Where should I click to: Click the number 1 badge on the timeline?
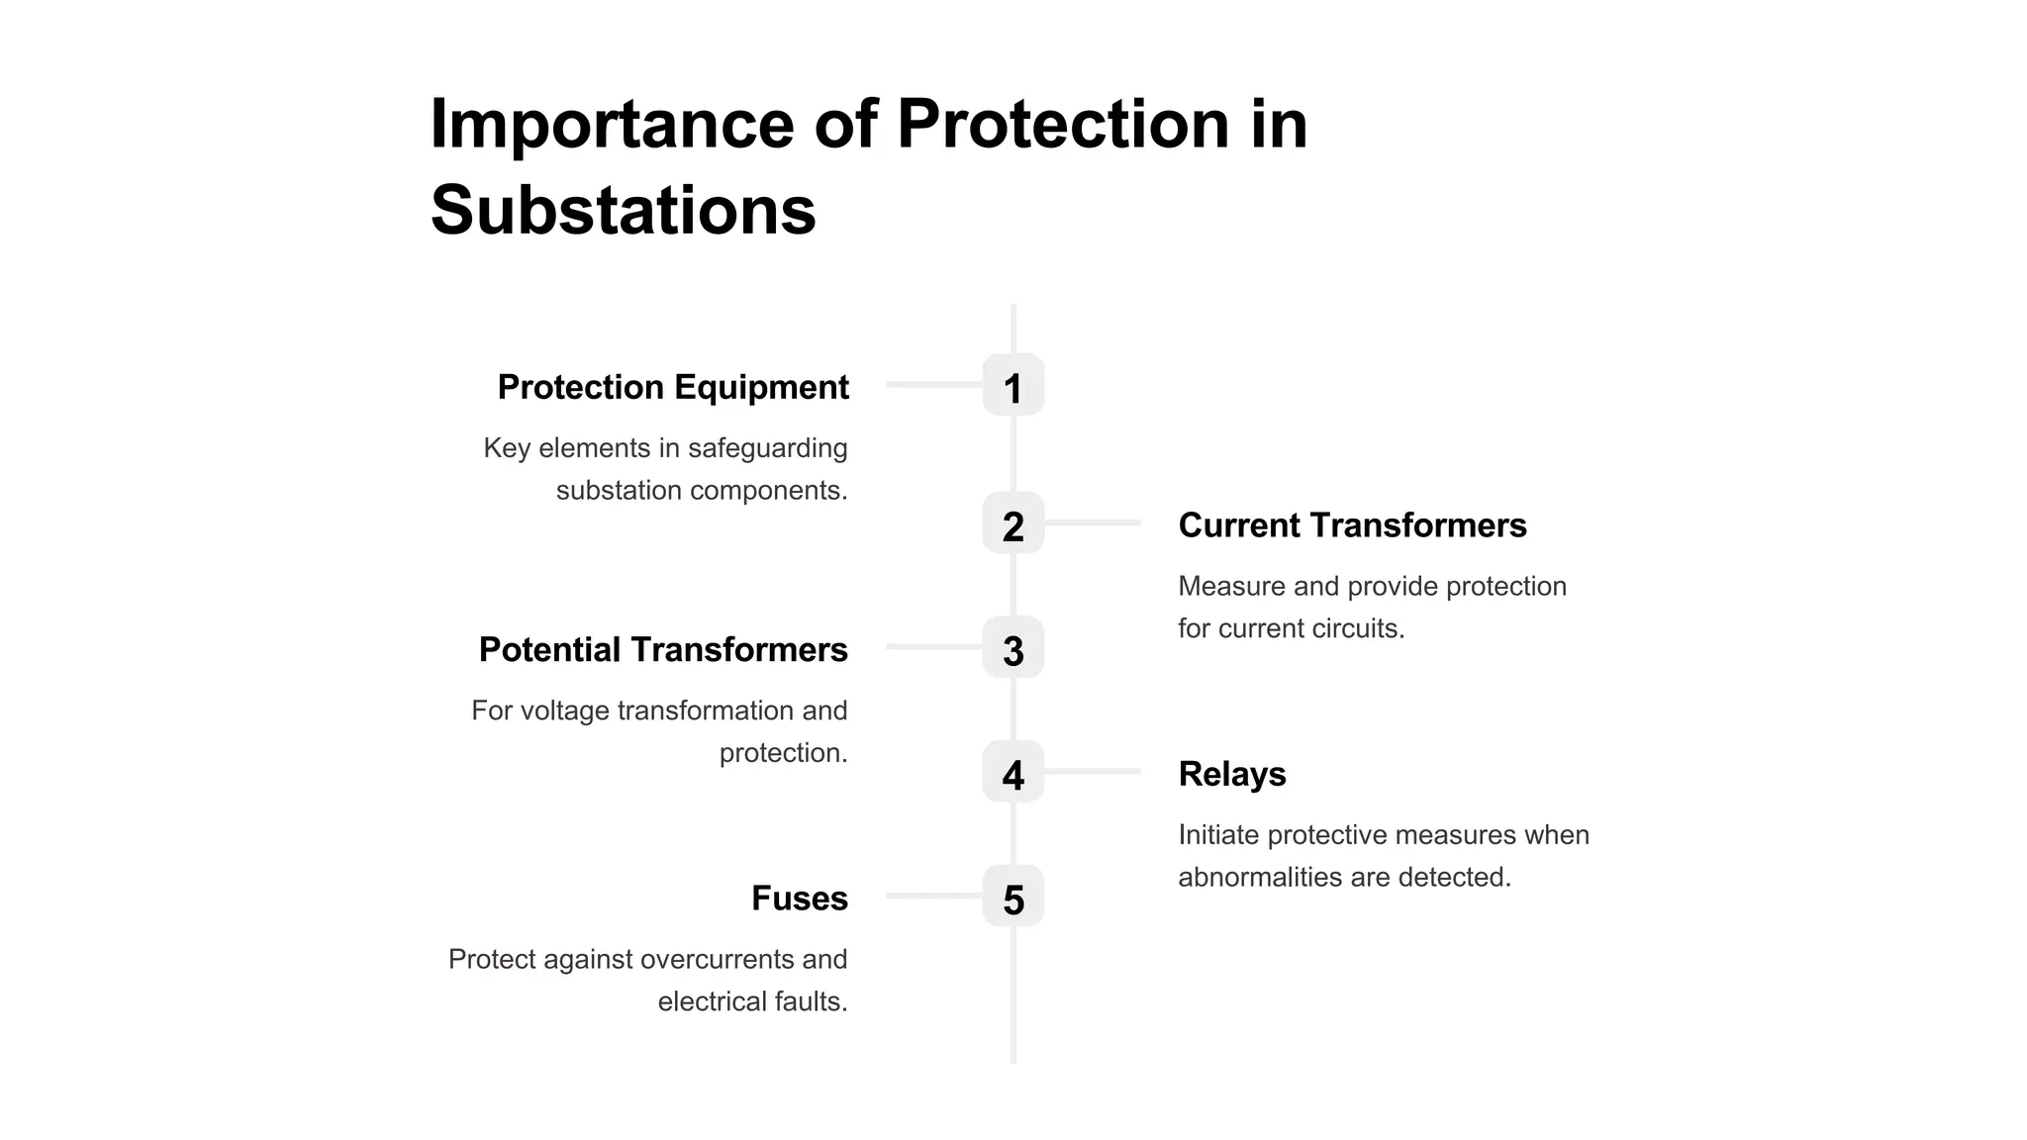(x=1013, y=385)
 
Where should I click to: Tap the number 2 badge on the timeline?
(x=1013, y=523)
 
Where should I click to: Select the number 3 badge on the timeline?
(x=1013, y=648)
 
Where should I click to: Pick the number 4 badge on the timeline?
(x=1013, y=772)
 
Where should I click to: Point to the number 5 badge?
(x=1013, y=897)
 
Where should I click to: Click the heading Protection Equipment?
(x=673, y=387)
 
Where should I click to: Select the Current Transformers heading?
(x=1352, y=525)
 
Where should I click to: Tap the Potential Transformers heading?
(x=663, y=650)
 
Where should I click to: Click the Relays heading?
(x=1232, y=774)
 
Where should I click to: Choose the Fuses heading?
(x=800, y=899)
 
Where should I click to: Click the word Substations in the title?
(x=624, y=210)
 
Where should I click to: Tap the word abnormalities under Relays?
(x=1256, y=878)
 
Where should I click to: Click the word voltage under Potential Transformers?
(x=565, y=711)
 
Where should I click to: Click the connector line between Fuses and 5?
(x=933, y=896)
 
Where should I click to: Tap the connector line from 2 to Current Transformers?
(x=1093, y=522)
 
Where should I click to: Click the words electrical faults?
(x=752, y=1002)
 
